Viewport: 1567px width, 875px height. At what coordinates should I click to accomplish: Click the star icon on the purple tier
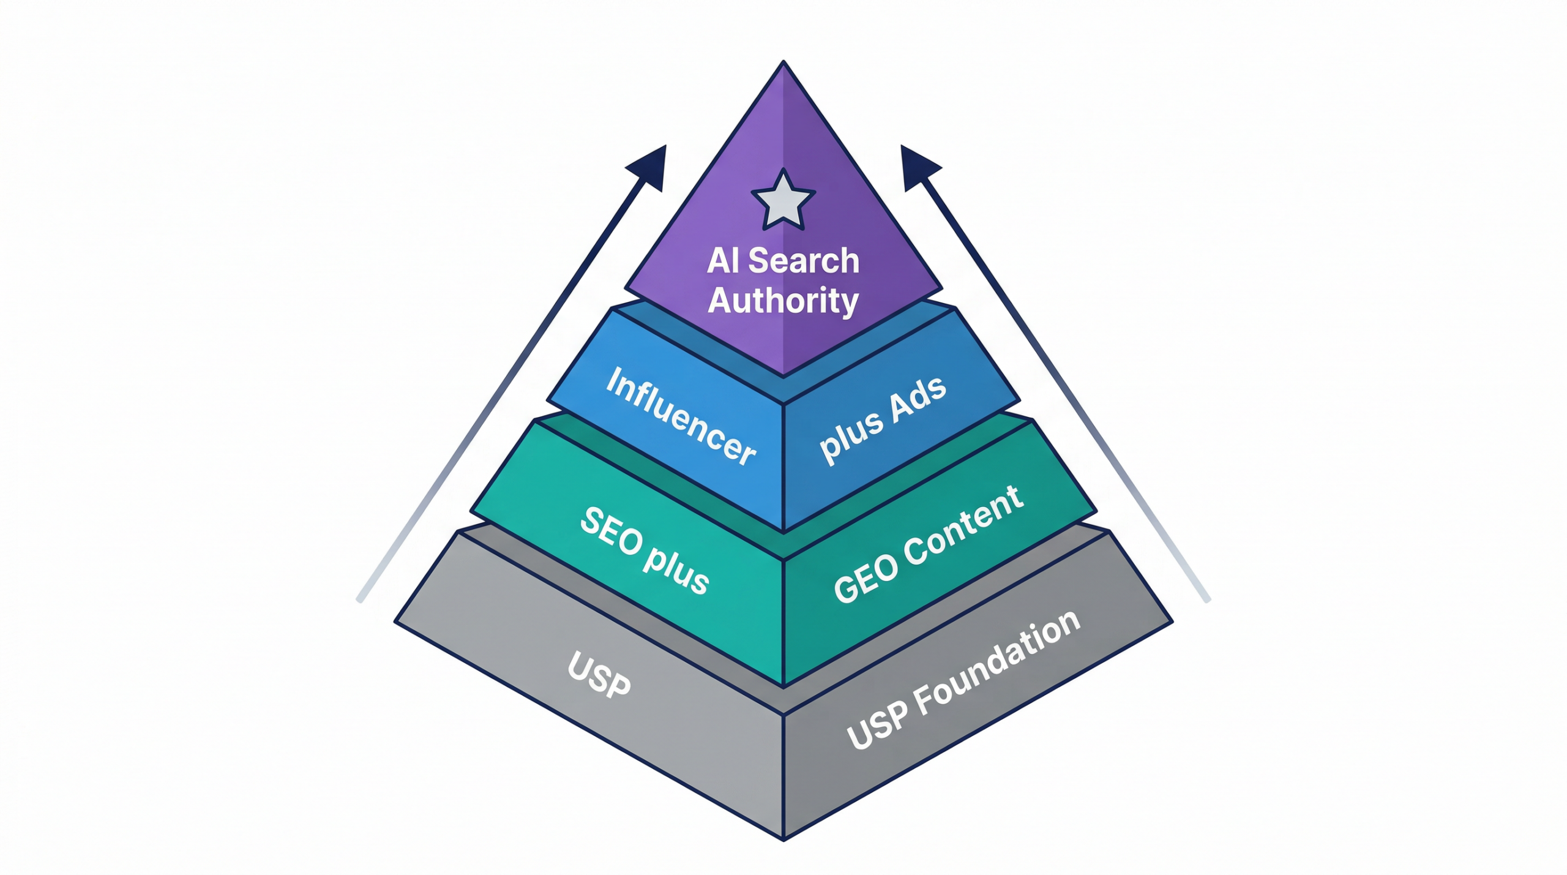click(783, 201)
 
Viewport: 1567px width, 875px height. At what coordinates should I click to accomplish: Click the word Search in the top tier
click(804, 261)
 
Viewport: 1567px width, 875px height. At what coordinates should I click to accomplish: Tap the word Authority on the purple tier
click(783, 301)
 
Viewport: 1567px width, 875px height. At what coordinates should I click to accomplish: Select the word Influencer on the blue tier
click(680, 416)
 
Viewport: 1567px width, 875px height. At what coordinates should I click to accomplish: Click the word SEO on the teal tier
click(611, 531)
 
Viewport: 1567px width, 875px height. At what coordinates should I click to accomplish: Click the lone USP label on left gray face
click(599, 675)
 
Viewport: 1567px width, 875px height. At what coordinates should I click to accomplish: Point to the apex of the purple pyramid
click(783, 63)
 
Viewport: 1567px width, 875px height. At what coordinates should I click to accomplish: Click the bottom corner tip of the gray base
click(783, 838)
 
